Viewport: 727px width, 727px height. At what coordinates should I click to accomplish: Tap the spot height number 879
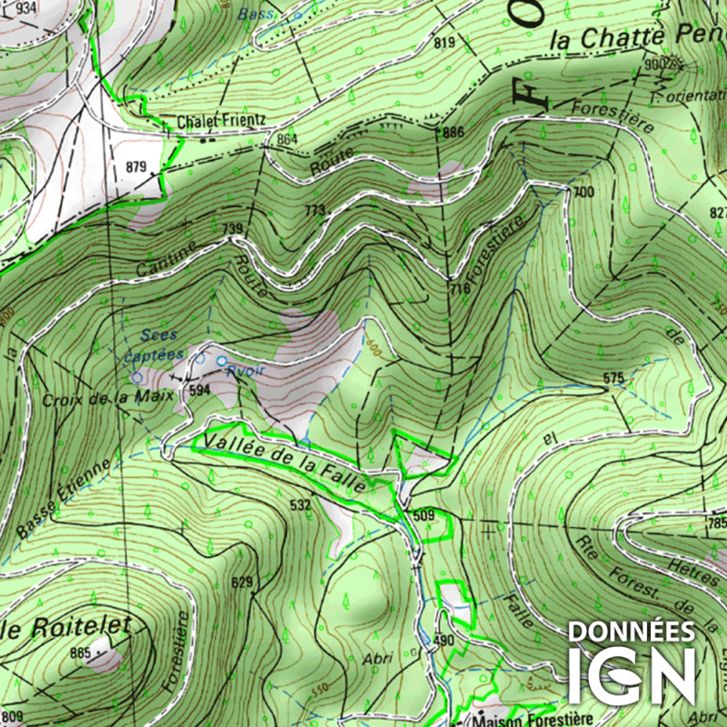tap(136, 166)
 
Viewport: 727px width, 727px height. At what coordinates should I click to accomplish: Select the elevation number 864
tap(287, 139)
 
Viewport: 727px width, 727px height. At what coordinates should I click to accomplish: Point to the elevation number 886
tap(453, 133)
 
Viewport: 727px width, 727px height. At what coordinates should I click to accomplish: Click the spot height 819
tap(444, 43)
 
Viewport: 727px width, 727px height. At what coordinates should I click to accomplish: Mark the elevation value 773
tap(314, 211)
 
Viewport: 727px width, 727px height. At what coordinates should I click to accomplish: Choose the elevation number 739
tap(234, 228)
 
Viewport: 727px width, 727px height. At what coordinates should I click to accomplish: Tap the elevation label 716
tap(460, 289)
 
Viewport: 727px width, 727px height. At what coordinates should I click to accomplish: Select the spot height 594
tap(199, 390)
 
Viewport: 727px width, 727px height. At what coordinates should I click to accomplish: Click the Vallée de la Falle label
tap(285, 463)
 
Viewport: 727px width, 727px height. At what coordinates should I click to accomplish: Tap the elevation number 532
tap(300, 504)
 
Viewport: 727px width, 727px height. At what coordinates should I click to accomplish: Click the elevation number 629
tap(241, 582)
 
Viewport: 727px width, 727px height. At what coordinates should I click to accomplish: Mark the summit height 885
tap(80, 652)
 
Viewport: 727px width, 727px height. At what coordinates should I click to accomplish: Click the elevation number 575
tap(614, 377)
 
